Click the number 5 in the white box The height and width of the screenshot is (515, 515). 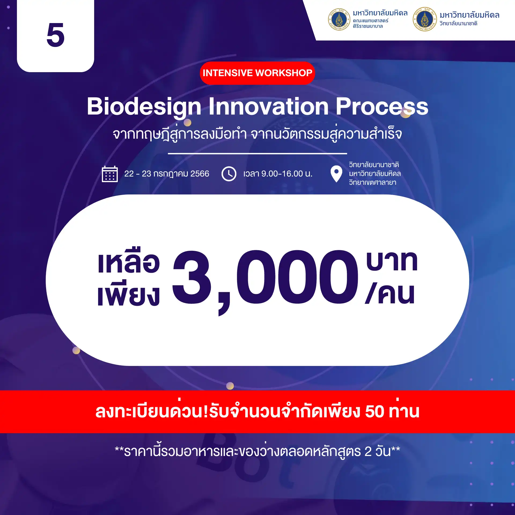click(x=56, y=35)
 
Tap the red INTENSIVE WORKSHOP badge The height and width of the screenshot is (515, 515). click(x=257, y=73)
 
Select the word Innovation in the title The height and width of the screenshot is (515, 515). click(x=268, y=106)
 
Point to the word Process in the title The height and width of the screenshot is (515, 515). click(x=382, y=106)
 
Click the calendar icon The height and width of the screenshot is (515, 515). click(x=110, y=174)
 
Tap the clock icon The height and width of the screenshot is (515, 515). click(x=229, y=174)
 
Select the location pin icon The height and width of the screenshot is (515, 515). click(x=336, y=174)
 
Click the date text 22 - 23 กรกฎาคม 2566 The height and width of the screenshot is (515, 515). click(x=167, y=174)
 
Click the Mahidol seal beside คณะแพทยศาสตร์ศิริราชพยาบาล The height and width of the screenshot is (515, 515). click(x=339, y=19)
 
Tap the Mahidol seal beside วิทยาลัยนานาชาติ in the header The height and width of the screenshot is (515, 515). click(x=425, y=19)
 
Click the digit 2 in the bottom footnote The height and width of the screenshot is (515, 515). click(x=368, y=452)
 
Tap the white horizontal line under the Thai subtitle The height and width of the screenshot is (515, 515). click(x=257, y=153)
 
